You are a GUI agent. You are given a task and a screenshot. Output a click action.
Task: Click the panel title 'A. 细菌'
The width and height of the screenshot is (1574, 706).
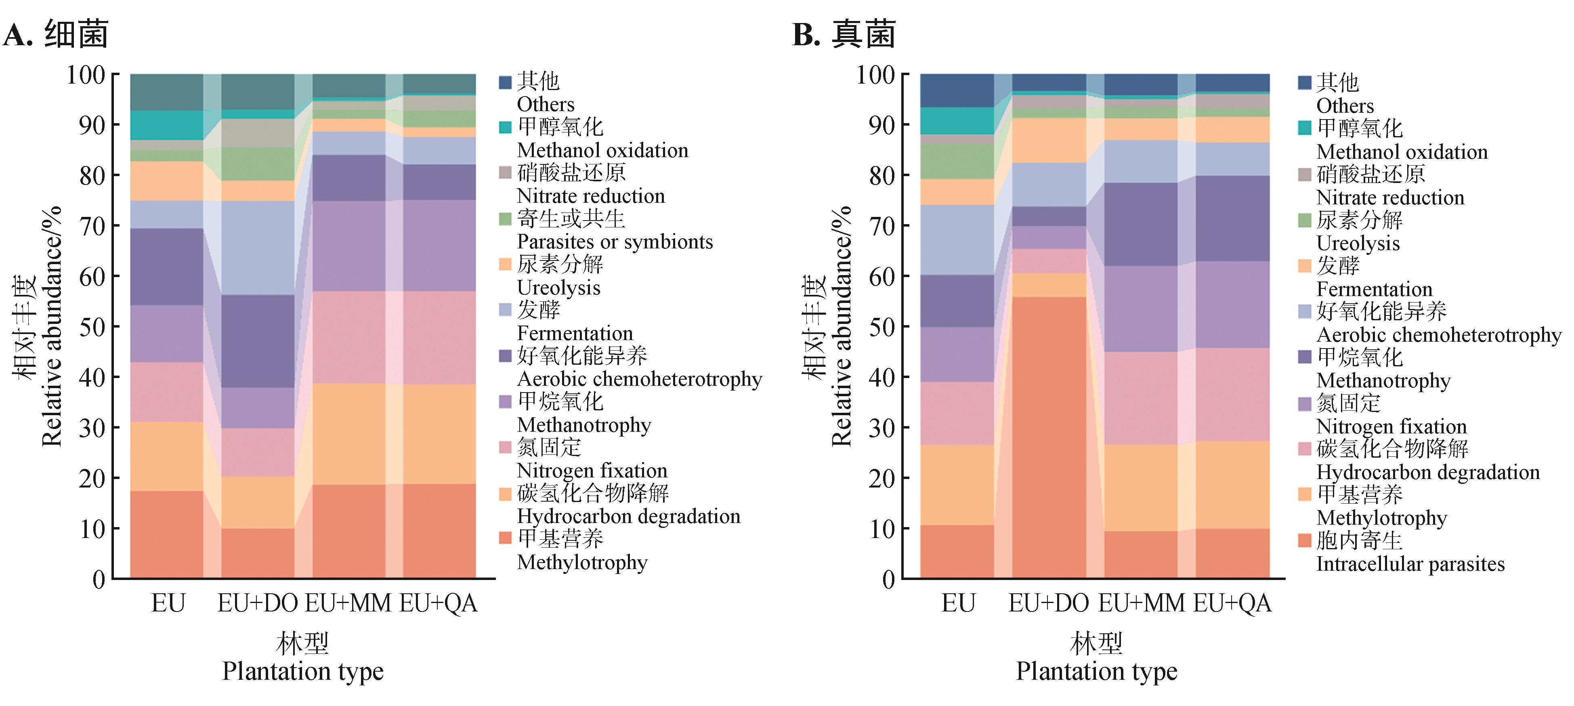[56, 34]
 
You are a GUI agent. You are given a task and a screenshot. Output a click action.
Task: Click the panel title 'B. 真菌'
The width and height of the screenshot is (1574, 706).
[844, 34]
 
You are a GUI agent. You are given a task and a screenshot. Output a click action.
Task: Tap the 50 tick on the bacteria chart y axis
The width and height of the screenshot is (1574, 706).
[92, 327]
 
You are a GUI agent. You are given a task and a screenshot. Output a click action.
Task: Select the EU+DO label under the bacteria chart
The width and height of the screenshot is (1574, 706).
[257, 603]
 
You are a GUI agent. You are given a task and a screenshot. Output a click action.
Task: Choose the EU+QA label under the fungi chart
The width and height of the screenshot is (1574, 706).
[1232, 603]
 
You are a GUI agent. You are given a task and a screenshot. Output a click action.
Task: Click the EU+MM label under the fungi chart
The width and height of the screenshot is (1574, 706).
[1141, 603]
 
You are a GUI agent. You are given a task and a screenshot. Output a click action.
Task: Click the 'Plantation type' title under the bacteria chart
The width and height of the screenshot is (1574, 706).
[302, 671]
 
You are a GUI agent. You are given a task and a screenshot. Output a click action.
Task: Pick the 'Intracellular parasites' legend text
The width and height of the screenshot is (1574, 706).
[1410, 563]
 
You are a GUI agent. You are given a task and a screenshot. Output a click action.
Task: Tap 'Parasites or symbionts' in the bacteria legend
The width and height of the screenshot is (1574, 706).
[615, 242]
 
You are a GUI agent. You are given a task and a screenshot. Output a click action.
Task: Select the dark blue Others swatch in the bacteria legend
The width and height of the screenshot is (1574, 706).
[505, 82]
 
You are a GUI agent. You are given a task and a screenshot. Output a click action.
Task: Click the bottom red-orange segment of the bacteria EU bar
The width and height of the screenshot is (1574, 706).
[167, 534]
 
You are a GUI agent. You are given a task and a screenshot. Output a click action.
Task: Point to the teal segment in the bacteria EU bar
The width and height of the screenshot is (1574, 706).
[167, 125]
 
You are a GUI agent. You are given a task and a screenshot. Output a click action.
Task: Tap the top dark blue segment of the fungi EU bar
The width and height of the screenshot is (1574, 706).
[957, 90]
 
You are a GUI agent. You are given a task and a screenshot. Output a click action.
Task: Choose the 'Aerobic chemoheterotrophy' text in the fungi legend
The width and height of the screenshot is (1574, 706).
[1438, 335]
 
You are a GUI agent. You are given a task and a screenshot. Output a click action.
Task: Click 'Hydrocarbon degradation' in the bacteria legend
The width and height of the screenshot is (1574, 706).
[628, 517]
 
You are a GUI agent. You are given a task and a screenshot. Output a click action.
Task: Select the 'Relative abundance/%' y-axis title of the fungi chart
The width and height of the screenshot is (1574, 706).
[842, 327]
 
